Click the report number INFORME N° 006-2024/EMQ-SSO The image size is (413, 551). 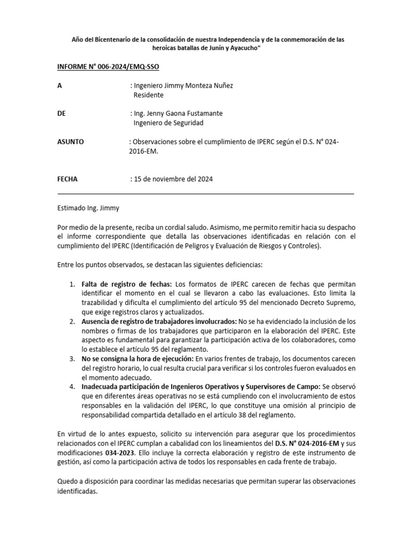(x=108, y=67)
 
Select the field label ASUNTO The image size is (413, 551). (x=70, y=142)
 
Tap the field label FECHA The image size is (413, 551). (x=67, y=179)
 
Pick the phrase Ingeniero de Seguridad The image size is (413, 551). (x=168, y=123)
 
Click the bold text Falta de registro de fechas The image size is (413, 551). (x=126, y=284)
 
